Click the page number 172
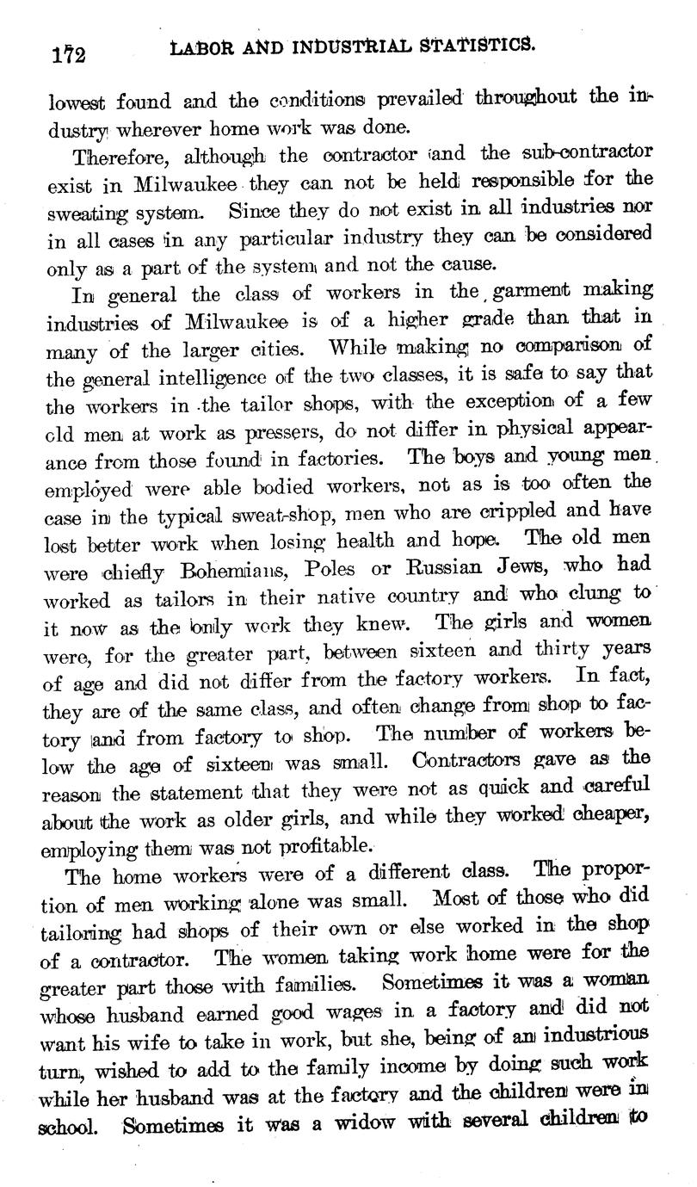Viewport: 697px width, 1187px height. tap(67, 53)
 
